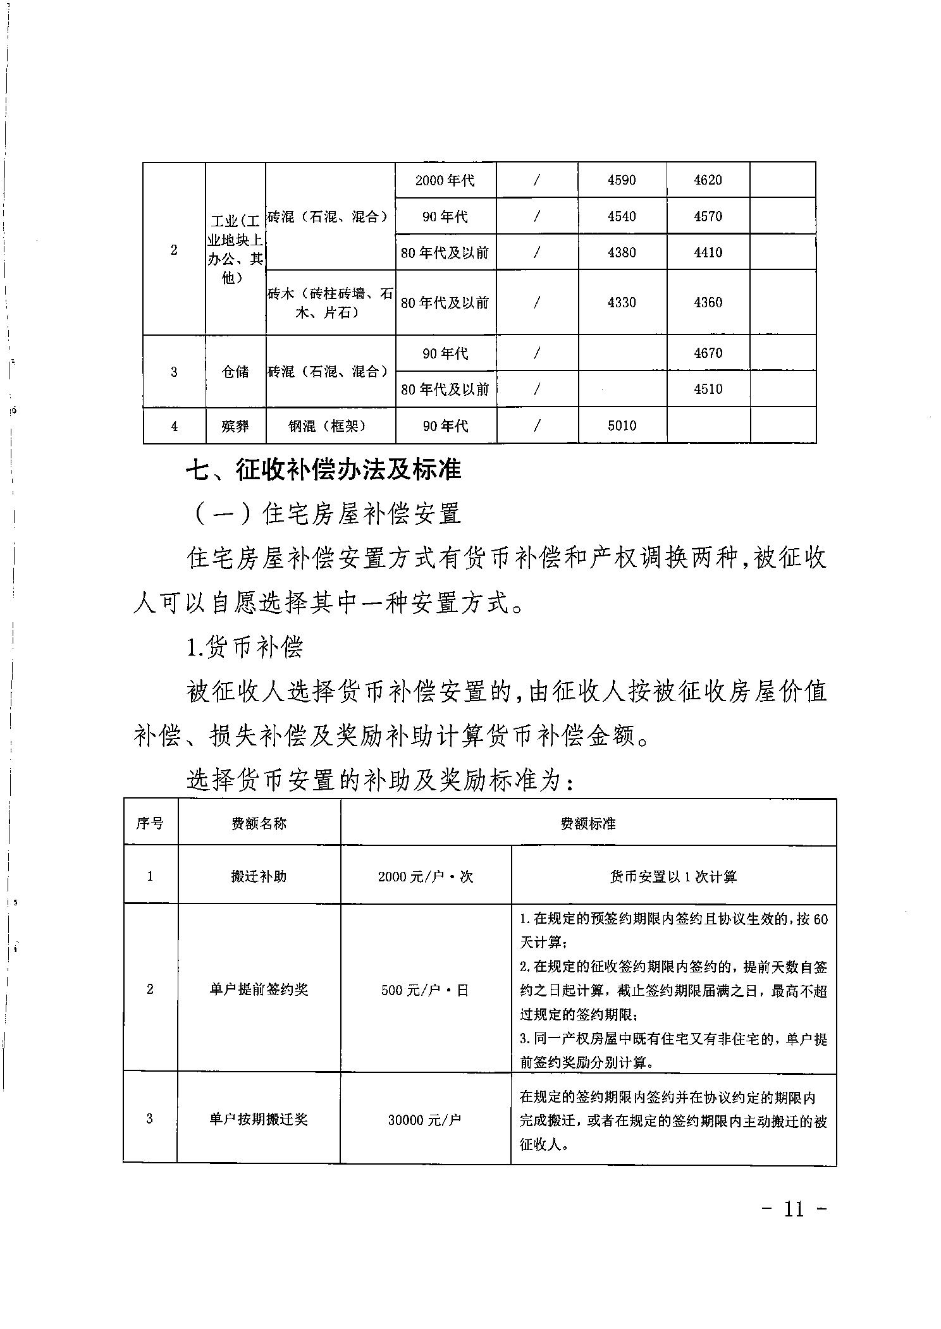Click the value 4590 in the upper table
click(x=622, y=180)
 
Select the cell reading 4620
click(x=708, y=180)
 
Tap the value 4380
click(x=622, y=252)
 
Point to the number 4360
click(x=708, y=302)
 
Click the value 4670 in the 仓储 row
click(x=708, y=353)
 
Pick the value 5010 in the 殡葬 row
click(x=622, y=426)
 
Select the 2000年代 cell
click(x=445, y=180)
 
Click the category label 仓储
click(x=235, y=372)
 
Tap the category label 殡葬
click(x=235, y=426)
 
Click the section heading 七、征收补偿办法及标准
click(x=323, y=470)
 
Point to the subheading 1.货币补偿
click(x=245, y=647)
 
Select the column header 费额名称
click(x=259, y=823)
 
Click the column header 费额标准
click(x=587, y=823)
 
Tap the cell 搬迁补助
click(x=259, y=876)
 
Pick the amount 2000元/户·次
click(x=425, y=876)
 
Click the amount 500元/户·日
click(x=425, y=990)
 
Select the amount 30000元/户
click(x=425, y=1120)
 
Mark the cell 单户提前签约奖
click(x=259, y=989)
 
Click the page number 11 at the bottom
click(x=794, y=1209)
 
